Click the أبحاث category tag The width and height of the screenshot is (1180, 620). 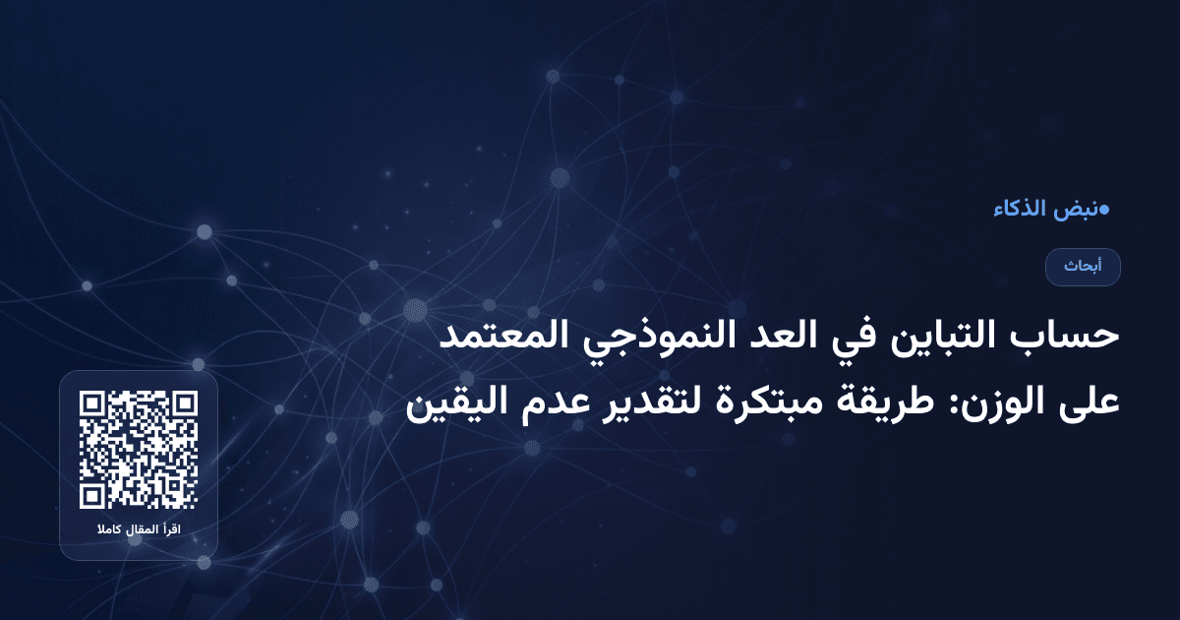(1083, 267)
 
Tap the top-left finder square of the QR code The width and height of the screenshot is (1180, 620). (93, 404)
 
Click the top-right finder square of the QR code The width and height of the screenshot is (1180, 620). (184, 404)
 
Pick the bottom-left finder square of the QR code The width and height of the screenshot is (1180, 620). (93, 495)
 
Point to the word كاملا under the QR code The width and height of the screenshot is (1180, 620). (107, 531)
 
